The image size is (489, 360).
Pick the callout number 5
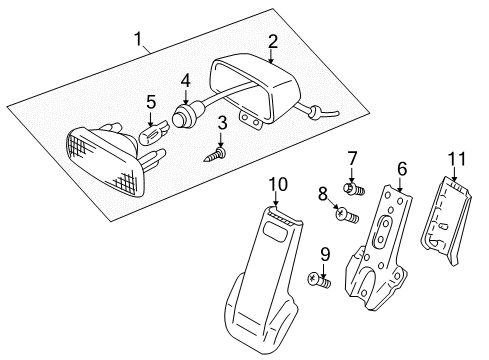coord(151,101)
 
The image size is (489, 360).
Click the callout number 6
coord(401,170)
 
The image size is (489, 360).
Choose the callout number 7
coord(351,157)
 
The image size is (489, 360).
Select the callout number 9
coord(325,253)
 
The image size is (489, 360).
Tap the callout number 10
coord(277,183)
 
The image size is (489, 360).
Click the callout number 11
coord(458,158)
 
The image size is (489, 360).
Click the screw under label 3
coord(213,153)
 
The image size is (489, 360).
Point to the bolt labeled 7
coord(353,187)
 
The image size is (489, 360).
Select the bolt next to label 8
coord(346,215)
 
